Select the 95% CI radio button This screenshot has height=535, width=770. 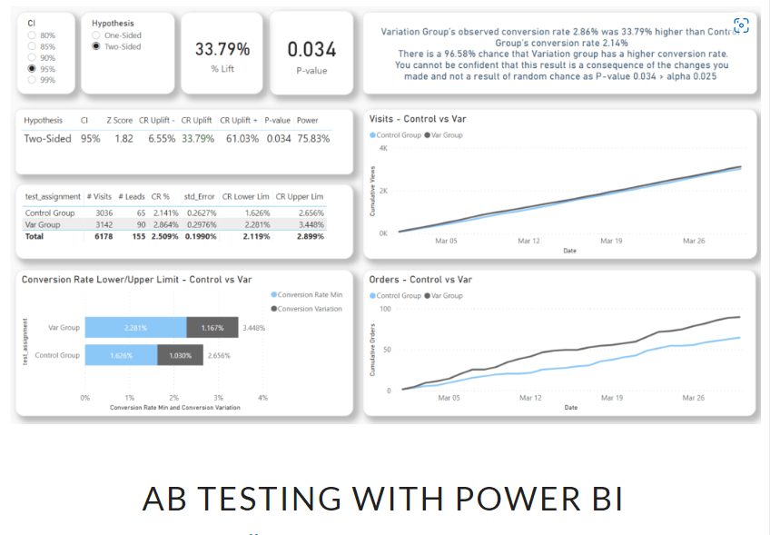[33, 68]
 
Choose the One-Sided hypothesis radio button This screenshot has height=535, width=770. [97, 35]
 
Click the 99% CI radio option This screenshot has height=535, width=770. [33, 80]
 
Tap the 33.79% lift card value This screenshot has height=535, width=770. [222, 48]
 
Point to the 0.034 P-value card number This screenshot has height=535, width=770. [311, 49]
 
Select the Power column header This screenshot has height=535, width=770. [307, 120]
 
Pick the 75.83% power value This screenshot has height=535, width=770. [313, 138]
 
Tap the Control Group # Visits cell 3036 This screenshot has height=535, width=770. [104, 213]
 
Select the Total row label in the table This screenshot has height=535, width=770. [35, 235]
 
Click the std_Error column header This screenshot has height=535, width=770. [198, 196]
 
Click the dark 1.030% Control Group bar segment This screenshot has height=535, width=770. [181, 355]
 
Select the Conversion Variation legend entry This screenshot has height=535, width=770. [309, 309]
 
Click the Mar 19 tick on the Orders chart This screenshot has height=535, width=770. [611, 398]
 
